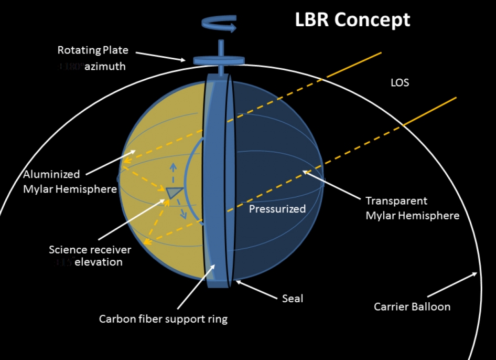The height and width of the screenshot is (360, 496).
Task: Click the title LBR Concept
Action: click(x=352, y=19)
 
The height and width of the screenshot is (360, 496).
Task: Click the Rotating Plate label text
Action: click(x=93, y=50)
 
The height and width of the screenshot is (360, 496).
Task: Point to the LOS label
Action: click(x=400, y=82)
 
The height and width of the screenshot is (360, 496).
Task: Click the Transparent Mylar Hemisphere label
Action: click(x=412, y=208)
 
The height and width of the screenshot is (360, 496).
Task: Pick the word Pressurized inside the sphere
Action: click(x=277, y=209)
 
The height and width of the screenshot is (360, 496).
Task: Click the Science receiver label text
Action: click(x=90, y=249)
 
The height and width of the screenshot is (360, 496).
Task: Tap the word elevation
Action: click(x=99, y=262)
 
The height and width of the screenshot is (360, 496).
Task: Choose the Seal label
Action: click(x=293, y=298)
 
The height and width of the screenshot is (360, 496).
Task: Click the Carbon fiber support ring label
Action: click(x=163, y=319)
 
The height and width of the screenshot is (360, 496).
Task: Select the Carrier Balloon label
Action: click(x=412, y=306)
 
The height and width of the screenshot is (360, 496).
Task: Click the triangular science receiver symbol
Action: click(x=174, y=193)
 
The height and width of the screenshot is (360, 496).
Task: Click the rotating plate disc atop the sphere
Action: click(x=220, y=60)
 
